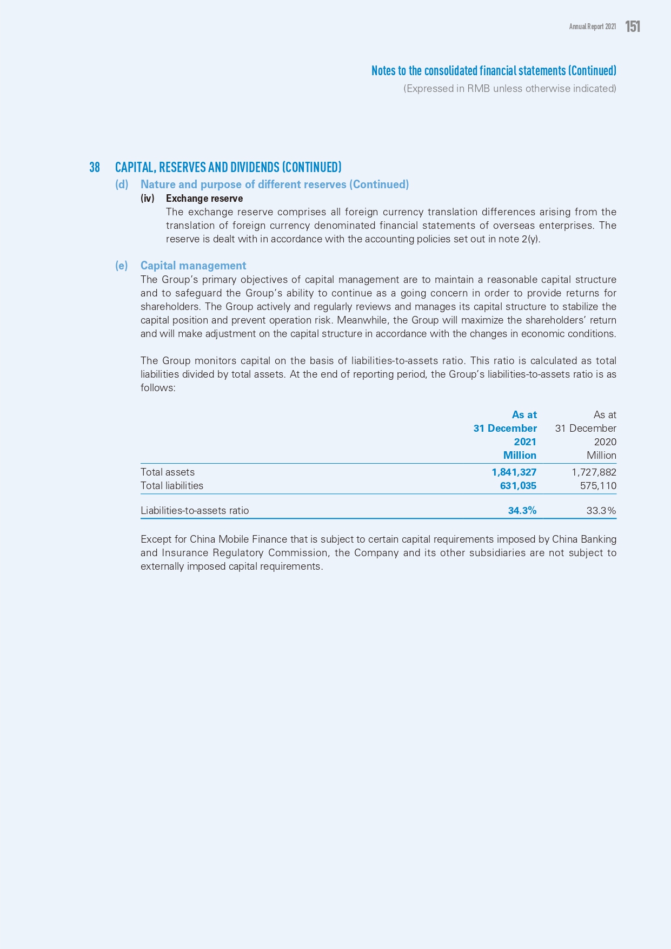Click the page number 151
[x=633, y=27]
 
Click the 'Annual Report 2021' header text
[x=592, y=27]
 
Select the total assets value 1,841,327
[x=514, y=472]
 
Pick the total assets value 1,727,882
[x=594, y=472]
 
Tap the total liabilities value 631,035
[x=518, y=486]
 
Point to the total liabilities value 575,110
[x=598, y=486]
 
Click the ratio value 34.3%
[x=522, y=511]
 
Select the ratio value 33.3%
[x=601, y=511]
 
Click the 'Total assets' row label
[x=168, y=472]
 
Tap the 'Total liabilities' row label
[x=172, y=486]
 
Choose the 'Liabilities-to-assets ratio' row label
[x=195, y=511]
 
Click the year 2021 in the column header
[x=525, y=442]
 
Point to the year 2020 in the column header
[x=605, y=442]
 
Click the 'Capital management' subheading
[x=193, y=266]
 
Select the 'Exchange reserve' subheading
[x=204, y=199]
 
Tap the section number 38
[x=95, y=167]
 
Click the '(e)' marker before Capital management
[x=122, y=266]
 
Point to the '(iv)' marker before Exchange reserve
[x=148, y=199]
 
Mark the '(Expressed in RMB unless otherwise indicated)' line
[x=509, y=89]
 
